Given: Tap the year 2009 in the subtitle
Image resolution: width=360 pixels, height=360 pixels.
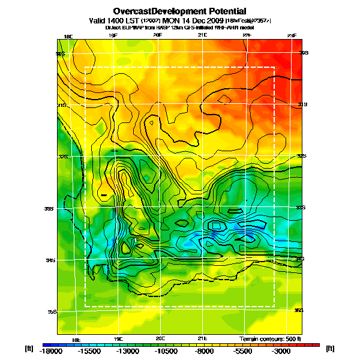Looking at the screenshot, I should (x=210, y=20).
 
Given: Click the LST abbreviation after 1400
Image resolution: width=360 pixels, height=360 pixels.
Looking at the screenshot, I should (x=131, y=20).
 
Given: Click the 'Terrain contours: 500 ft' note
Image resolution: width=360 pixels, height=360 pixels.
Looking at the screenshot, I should (x=269, y=339).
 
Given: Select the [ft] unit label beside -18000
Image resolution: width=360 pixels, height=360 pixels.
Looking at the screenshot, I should (x=29, y=348).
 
